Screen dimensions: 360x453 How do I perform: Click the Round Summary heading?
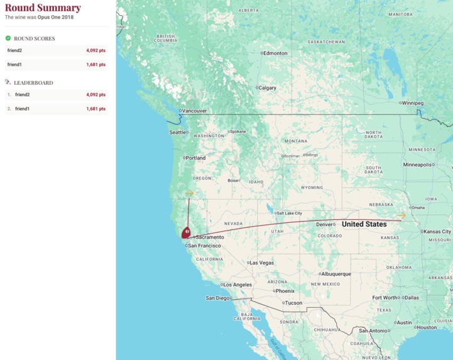coord(43,8)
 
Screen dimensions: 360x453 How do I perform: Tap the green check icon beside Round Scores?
coord(8,38)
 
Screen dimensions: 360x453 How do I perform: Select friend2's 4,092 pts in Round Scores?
coord(96,50)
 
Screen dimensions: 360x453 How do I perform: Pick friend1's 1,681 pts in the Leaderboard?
coord(96,109)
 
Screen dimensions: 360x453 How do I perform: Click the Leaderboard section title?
coord(33,83)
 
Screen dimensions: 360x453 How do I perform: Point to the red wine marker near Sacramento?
coord(186,233)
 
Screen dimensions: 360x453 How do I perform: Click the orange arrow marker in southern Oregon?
coord(189,194)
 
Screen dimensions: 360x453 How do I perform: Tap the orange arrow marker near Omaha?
coord(401,216)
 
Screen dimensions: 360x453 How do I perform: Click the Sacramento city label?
coord(210,237)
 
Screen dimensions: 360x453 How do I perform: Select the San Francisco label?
coord(206,246)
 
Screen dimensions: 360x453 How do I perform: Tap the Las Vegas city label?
coord(262,263)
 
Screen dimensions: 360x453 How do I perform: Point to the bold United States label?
coord(364,224)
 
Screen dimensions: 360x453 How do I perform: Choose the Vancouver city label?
coord(194,111)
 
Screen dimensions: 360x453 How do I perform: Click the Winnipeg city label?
coord(413,102)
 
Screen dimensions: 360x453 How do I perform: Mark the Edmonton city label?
coord(275,53)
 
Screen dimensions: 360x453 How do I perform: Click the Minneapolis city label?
coord(418,165)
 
